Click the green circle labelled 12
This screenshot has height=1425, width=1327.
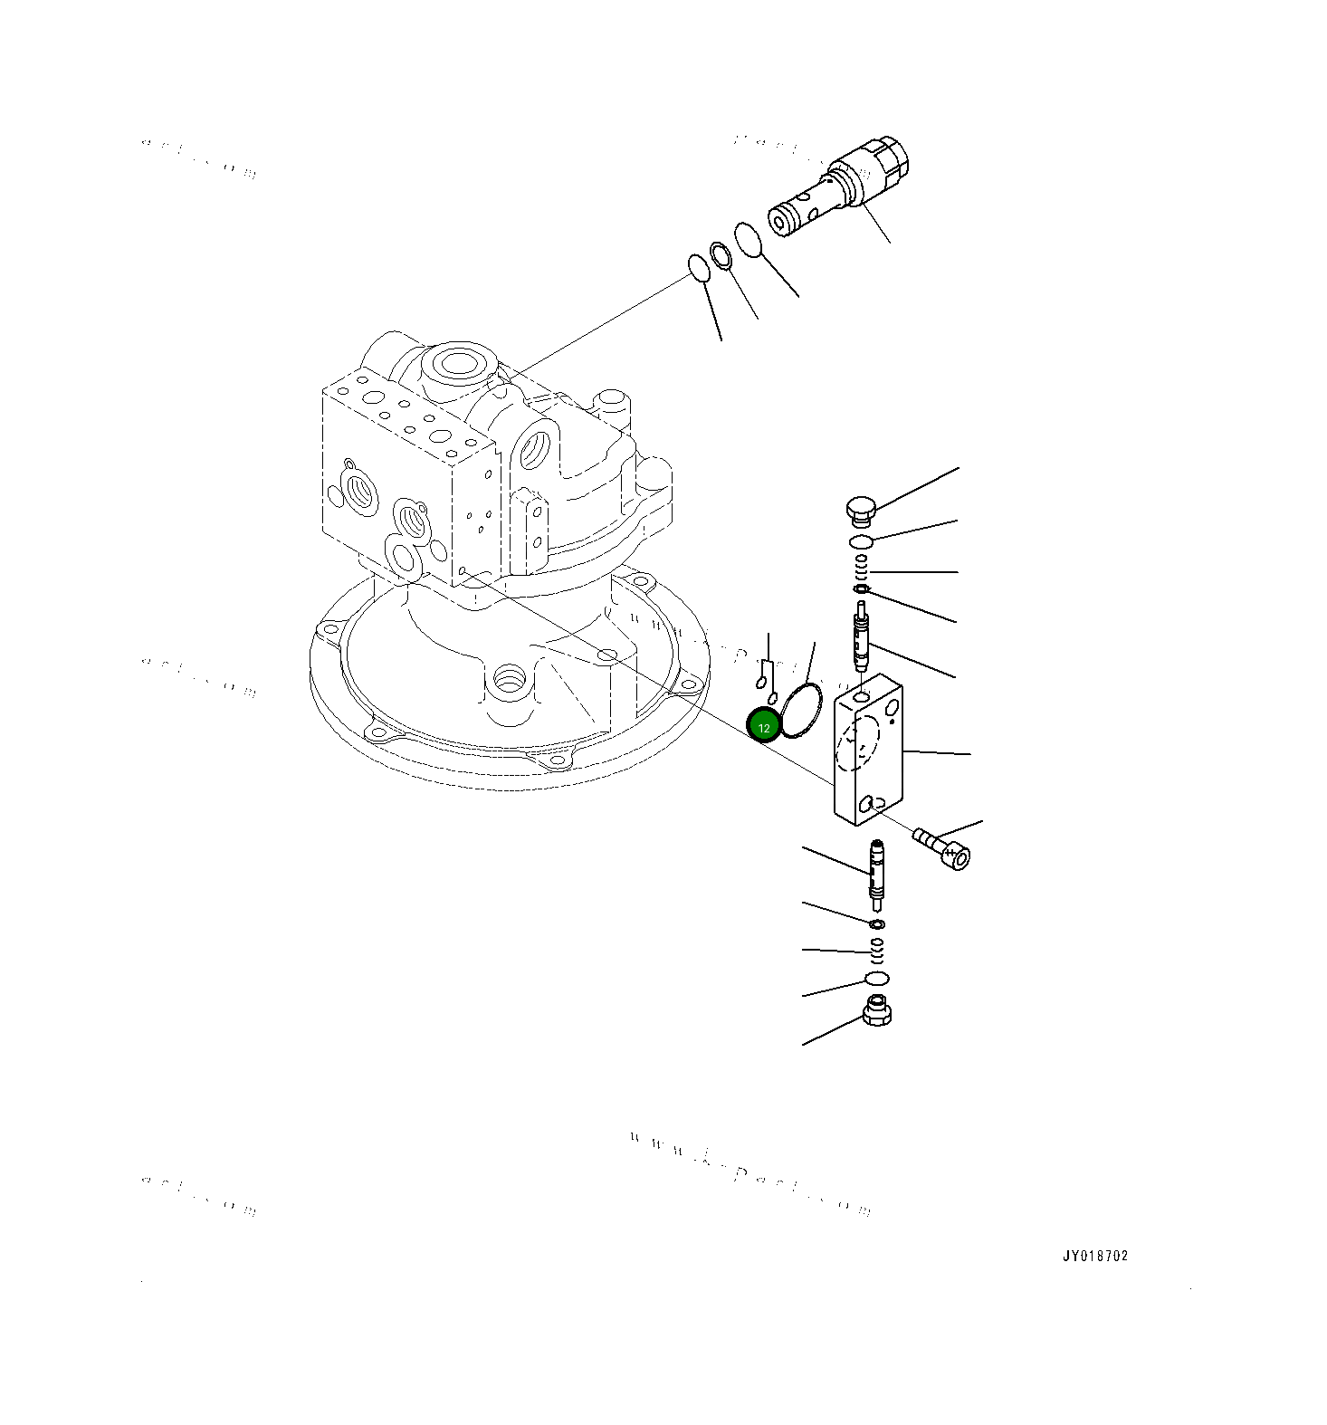764,726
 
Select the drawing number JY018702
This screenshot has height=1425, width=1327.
1095,1256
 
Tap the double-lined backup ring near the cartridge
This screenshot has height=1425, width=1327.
721,255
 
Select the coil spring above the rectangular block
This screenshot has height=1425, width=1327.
863,569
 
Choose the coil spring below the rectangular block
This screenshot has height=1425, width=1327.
876,952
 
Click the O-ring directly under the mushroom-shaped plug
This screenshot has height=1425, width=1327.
861,541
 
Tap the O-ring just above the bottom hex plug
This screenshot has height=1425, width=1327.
876,979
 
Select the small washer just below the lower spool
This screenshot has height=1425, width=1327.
876,924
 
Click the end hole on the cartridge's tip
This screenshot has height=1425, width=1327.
778,222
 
